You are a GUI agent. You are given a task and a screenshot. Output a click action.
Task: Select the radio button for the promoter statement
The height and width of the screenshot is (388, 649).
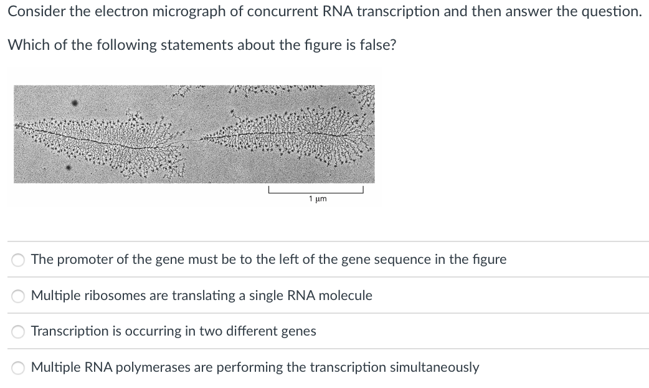point(19,259)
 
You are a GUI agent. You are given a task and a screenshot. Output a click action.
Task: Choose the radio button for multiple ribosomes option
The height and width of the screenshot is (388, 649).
point(19,296)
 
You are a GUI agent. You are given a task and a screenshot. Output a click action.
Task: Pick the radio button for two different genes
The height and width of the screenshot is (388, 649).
point(19,331)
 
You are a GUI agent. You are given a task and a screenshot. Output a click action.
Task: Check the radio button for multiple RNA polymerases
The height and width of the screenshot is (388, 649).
point(19,367)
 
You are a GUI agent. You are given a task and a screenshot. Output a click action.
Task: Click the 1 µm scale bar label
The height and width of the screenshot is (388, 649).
point(318,199)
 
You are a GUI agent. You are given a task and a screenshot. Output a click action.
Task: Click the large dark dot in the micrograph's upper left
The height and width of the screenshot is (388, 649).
point(74,103)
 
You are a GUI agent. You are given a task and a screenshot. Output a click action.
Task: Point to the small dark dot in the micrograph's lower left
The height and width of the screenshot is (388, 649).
point(69,168)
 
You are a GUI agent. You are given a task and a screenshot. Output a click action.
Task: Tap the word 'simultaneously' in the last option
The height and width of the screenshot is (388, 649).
point(434,367)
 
